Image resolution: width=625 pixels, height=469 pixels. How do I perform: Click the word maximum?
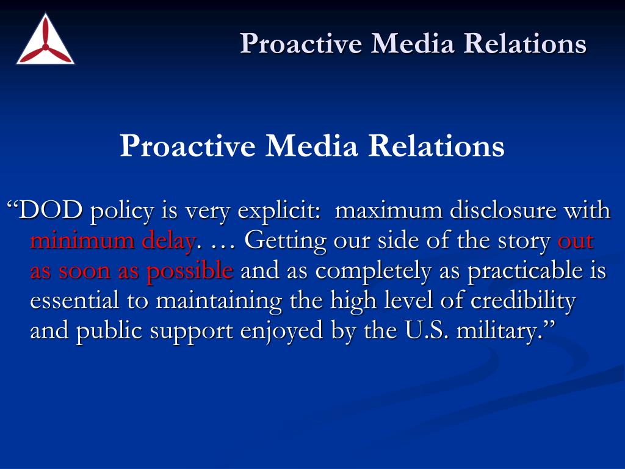(389, 211)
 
